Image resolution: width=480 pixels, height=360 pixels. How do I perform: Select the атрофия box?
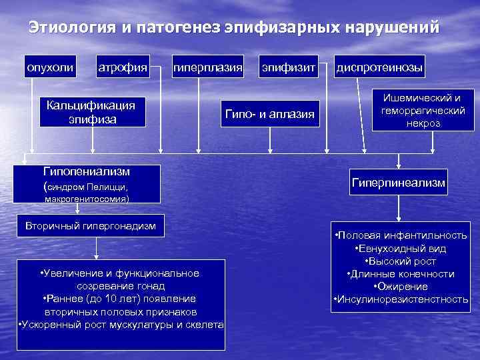point(123,67)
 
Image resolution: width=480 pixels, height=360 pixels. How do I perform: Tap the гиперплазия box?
point(207,67)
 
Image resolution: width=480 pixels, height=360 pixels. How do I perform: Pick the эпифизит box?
point(287,67)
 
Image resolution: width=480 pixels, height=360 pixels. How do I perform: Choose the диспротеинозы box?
point(380,67)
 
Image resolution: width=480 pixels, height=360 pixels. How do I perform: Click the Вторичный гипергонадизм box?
point(91,227)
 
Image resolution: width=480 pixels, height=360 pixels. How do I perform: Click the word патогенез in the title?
point(178,28)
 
